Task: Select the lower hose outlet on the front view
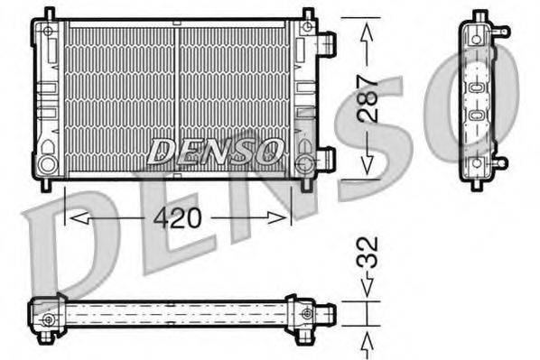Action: [327, 160]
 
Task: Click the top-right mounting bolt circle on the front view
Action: [308, 28]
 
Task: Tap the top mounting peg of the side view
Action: [479, 15]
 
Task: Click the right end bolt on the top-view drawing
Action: [310, 313]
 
